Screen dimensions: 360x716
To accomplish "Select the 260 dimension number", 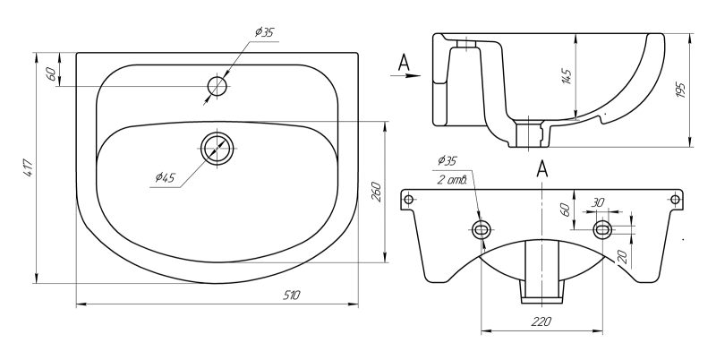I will point(377,192).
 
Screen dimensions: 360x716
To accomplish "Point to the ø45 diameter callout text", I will point(164,177).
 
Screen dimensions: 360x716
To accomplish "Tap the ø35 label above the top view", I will point(264,32).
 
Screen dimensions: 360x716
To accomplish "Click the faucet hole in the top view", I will point(217,86).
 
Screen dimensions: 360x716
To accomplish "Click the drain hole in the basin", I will point(217,148).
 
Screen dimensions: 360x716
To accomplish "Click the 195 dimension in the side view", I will point(680,90).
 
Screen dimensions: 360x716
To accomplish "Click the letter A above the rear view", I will point(541,168).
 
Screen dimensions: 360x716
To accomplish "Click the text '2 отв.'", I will point(451,180).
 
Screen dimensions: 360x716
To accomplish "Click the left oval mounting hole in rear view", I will point(482,230).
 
